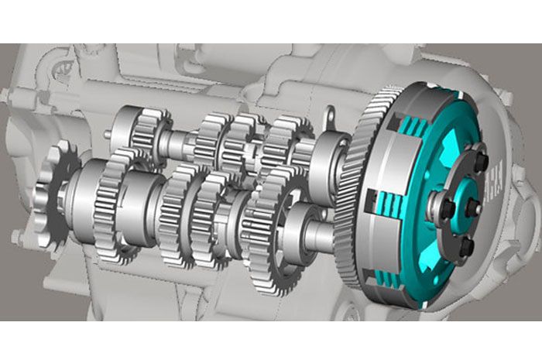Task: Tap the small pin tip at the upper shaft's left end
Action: (x=106, y=133)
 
